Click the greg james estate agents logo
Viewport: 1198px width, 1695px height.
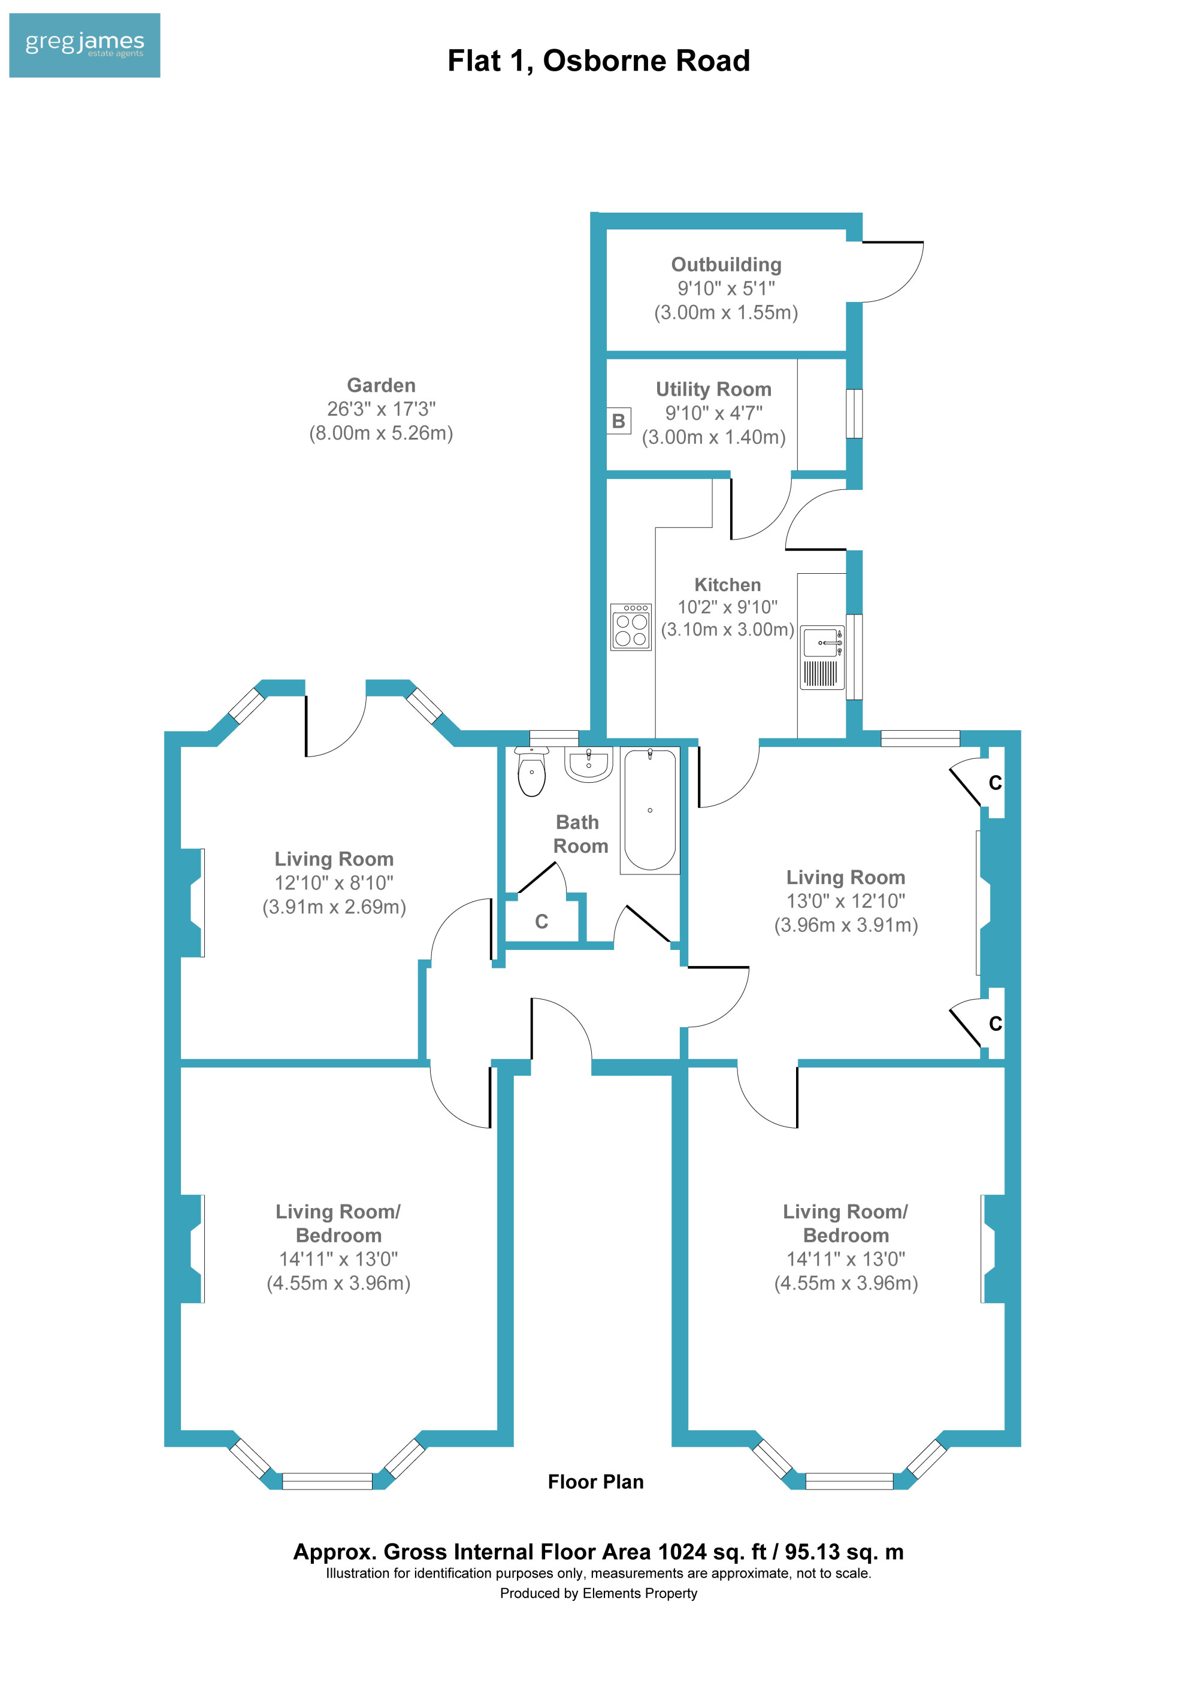pos(84,45)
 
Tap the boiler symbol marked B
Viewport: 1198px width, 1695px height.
pos(619,421)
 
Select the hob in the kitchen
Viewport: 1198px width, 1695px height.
pos(630,626)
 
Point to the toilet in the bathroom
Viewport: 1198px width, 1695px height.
pos(531,771)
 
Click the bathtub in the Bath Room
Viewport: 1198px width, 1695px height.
pos(649,810)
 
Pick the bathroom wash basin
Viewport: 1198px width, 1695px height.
pos(588,763)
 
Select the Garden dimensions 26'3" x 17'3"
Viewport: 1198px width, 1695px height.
pos(381,409)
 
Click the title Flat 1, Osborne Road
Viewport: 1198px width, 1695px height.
pos(598,60)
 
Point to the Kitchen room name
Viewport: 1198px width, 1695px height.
pos(727,585)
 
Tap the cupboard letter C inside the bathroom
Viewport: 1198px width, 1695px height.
pos(541,921)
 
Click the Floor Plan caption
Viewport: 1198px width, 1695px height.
pos(595,1482)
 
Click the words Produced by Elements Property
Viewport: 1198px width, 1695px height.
pos(598,1593)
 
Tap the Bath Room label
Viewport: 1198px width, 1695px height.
pos(580,834)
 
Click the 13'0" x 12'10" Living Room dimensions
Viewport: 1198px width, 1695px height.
pos(845,901)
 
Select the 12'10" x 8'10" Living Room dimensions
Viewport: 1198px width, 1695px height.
pos(334,883)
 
